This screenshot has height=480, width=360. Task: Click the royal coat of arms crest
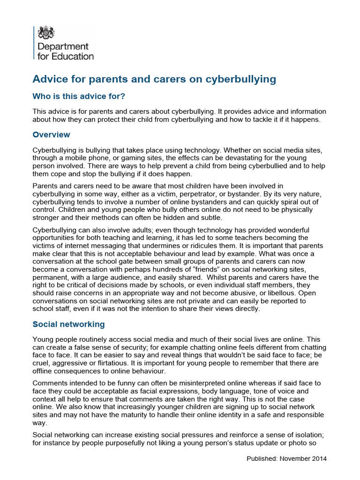(46, 32)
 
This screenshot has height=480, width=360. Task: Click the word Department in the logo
(62, 47)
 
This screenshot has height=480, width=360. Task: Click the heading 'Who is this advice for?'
(79, 96)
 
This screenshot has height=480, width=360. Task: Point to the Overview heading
(51, 135)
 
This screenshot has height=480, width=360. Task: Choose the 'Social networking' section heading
(68, 324)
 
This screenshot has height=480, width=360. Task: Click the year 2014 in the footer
(319, 458)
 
